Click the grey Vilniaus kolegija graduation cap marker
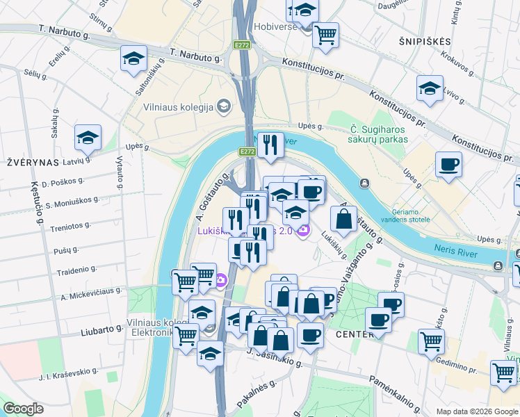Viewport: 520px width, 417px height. [x=224, y=106]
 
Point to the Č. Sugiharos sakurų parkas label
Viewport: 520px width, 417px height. [x=377, y=133]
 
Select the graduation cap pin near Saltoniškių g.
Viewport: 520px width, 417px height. [x=134, y=59]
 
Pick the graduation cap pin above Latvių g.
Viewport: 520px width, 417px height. [x=88, y=138]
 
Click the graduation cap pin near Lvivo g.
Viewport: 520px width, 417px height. [x=430, y=88]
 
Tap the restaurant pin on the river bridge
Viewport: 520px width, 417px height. [x=270, y=145]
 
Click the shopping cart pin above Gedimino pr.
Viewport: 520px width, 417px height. [x=431, y=341]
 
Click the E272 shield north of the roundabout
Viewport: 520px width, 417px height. [x=242, y=45]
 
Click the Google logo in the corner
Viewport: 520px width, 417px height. [x=24, y=409]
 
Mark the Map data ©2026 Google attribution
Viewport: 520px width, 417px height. [x=476, y=411]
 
